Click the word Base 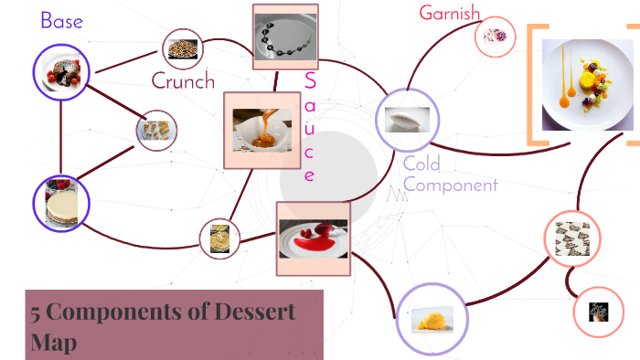[62, 20]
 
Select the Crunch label [183, 80]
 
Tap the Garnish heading [449, 14]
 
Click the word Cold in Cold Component [421, 164]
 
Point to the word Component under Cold [450, 185]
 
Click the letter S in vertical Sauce [310, 80]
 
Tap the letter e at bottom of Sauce [310, 175]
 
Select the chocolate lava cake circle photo [61, 72]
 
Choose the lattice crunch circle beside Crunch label [183, 48]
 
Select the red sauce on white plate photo [313, 238]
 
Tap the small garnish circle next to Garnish [496, 37]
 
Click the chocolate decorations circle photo [572, 239]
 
